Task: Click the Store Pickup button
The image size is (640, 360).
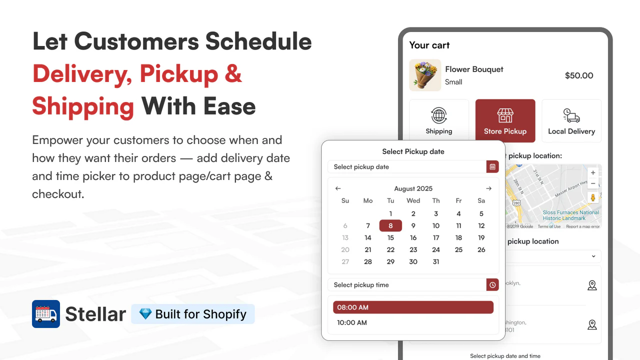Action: (505, 120)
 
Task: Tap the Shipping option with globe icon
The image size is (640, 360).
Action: (439, 120)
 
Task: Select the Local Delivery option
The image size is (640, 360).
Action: (571, 120)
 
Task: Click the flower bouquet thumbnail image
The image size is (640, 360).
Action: (425, 75)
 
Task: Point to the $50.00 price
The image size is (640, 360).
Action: (579, 75)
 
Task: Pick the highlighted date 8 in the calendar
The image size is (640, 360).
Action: (390, 225)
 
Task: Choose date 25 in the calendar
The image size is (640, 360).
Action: (458, 249)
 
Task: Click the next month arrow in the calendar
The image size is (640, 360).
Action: (488, 188)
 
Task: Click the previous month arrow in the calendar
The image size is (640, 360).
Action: (338, 188)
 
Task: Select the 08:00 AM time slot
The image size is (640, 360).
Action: (413, 307)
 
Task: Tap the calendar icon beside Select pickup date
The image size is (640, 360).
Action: (492, 167)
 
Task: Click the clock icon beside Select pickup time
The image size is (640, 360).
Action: (492, 285)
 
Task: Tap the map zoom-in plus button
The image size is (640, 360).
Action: (593, 172)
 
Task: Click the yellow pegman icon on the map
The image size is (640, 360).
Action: (593, 197)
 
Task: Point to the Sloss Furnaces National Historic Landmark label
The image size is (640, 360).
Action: (570, 215)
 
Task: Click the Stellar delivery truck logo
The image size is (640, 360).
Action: (46, 314)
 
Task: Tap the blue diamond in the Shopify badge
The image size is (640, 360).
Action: (145, 314)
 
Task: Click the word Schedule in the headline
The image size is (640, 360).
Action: (258, 41)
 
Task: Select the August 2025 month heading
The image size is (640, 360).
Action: (413, 188)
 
